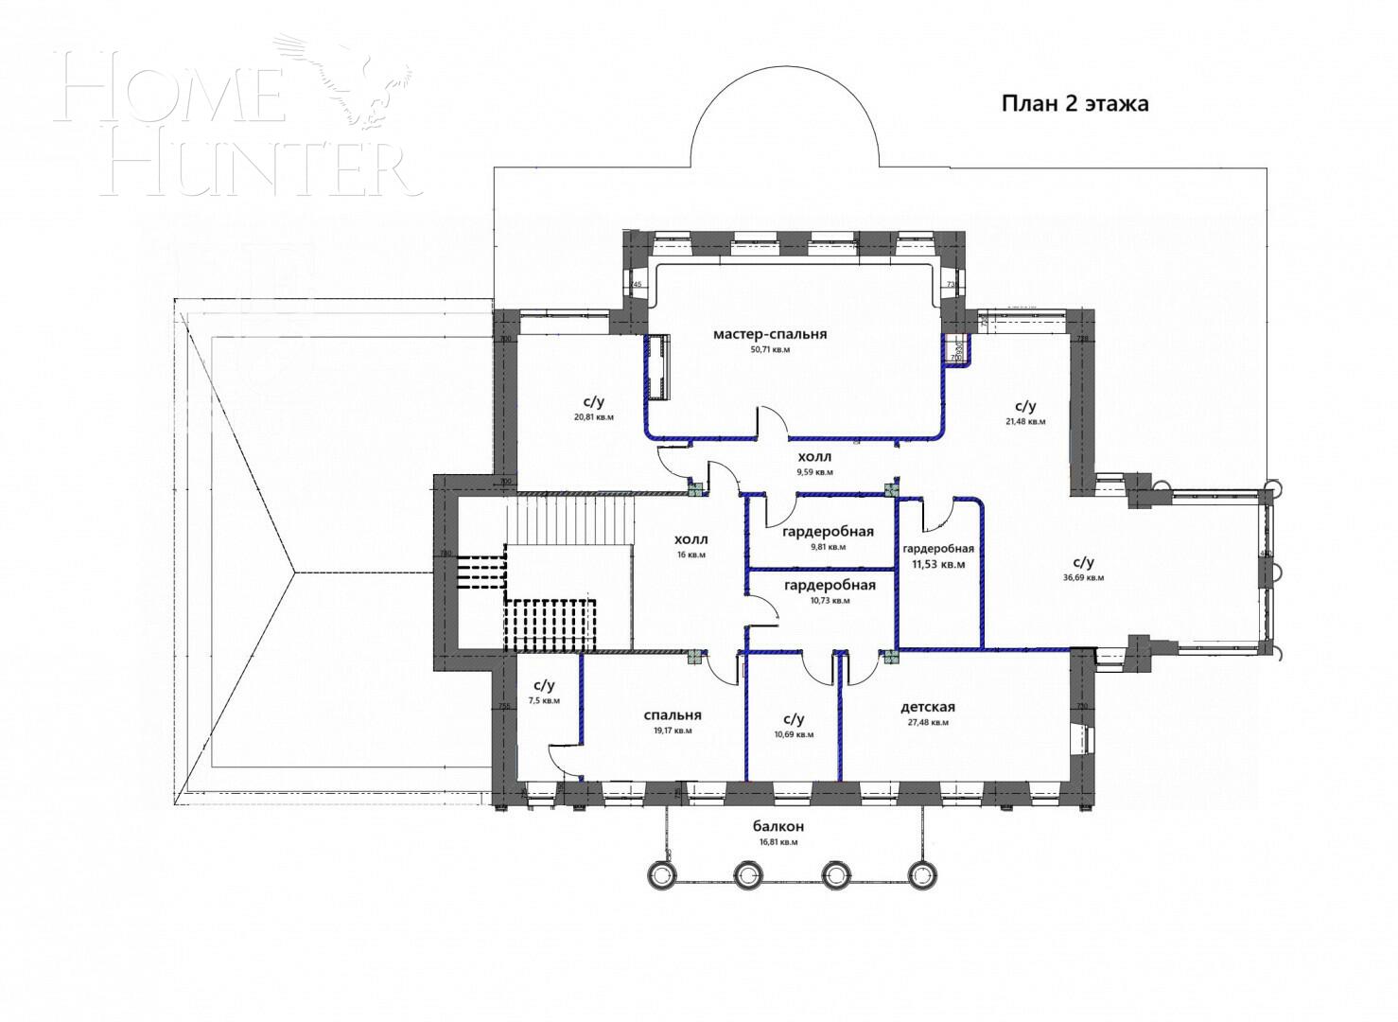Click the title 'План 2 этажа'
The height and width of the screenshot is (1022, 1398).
click(1075, 103)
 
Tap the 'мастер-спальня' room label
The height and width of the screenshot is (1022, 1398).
click(770, 334)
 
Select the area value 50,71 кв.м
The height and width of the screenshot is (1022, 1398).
click(770, 349)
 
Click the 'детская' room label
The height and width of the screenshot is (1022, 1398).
click(927, 707)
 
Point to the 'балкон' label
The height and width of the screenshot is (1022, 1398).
click(778, 826)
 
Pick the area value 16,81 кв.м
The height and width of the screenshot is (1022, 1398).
click(778, 841)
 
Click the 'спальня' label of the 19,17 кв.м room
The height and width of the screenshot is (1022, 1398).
click(672, 715)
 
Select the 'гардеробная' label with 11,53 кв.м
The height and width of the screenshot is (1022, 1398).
click(937, 548)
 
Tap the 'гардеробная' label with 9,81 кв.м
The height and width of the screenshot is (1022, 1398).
click(828, 532)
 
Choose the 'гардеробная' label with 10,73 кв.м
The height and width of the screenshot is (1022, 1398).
click(830, 585)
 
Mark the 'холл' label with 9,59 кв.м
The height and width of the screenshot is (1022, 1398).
click(814, 456)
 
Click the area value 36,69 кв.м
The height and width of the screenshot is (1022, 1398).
click(1083, 577)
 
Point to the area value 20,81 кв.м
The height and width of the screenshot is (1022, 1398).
click(593, 417)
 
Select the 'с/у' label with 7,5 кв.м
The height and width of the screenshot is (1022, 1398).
click(544, 685)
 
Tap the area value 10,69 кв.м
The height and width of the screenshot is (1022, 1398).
click(794, 734)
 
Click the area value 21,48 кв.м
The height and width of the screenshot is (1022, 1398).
click(1025, 422)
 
